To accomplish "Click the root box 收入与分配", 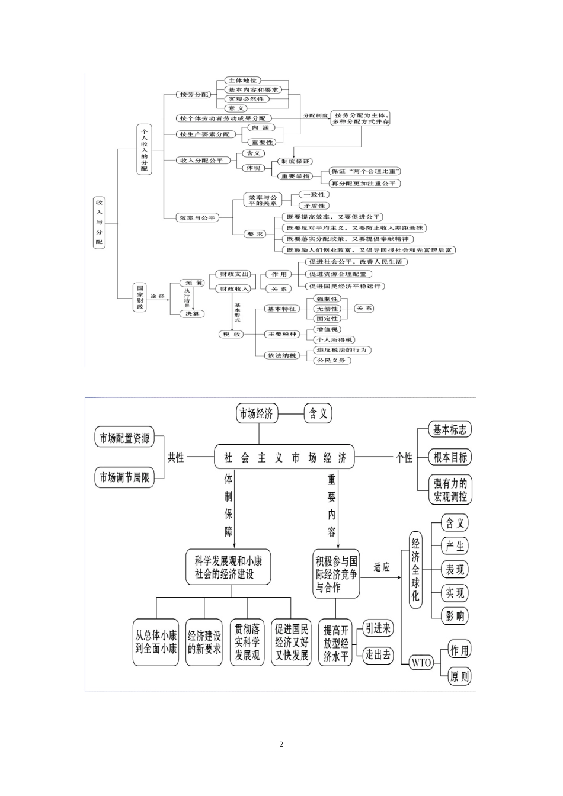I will [99, 222].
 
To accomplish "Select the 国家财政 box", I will [140, 296].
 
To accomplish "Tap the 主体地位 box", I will [243, 80].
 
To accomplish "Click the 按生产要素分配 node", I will [204, 134].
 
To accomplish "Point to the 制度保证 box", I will [295, 161].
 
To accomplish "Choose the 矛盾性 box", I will [315, 206].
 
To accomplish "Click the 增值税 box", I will [327, 329].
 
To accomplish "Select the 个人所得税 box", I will [334, 339].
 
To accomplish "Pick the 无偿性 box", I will [327, 309].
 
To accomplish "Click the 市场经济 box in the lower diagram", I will [256, 414].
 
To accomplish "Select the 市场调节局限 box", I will [124, 477].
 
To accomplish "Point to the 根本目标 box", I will [450, 457].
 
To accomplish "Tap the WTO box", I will [421, 663].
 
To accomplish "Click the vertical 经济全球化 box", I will [415, 570].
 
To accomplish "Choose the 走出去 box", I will [378, 654].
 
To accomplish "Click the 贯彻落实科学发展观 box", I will [247, 642].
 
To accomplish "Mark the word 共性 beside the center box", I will [176, 457].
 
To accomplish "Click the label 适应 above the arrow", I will [382, 567].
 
